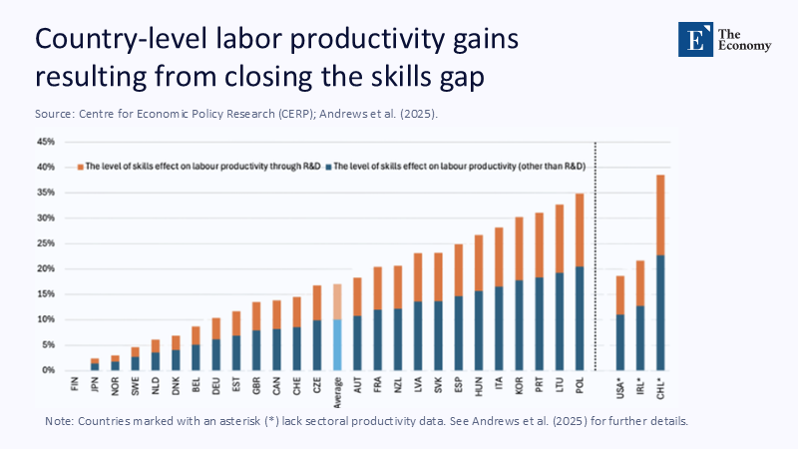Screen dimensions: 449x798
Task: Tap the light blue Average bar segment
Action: pyautogui.click(x=338, y=344)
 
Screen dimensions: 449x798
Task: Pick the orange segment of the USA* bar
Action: pyautogui.click(x=620, y=295)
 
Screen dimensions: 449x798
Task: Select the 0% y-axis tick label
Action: pyautogui.click(x=47, y=370)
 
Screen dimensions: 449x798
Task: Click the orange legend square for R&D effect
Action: pyautogui.click(x=80, y=166)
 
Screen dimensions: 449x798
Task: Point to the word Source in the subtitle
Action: pyautogui.click(x=56, y=114)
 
